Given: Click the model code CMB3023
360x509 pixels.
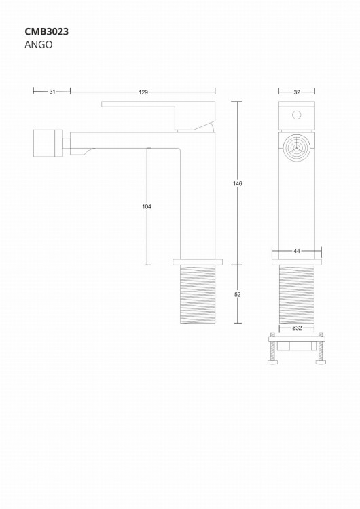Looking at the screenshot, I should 47,31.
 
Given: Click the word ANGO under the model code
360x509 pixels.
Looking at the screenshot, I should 38,45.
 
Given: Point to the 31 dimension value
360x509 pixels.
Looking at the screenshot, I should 52,92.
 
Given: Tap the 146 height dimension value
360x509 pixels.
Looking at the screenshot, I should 238,184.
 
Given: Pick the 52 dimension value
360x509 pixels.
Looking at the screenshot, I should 238,294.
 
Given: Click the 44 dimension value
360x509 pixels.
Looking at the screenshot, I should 297,251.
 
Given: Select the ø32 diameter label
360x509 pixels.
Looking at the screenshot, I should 297,328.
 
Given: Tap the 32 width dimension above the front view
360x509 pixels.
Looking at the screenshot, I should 297,92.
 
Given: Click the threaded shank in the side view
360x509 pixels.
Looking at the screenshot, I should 198,294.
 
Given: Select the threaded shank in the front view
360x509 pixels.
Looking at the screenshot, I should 297,294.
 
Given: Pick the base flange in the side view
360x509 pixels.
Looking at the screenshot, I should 198,261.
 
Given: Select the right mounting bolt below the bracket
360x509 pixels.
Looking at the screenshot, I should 321,350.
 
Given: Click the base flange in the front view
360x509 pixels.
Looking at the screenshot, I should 297,261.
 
